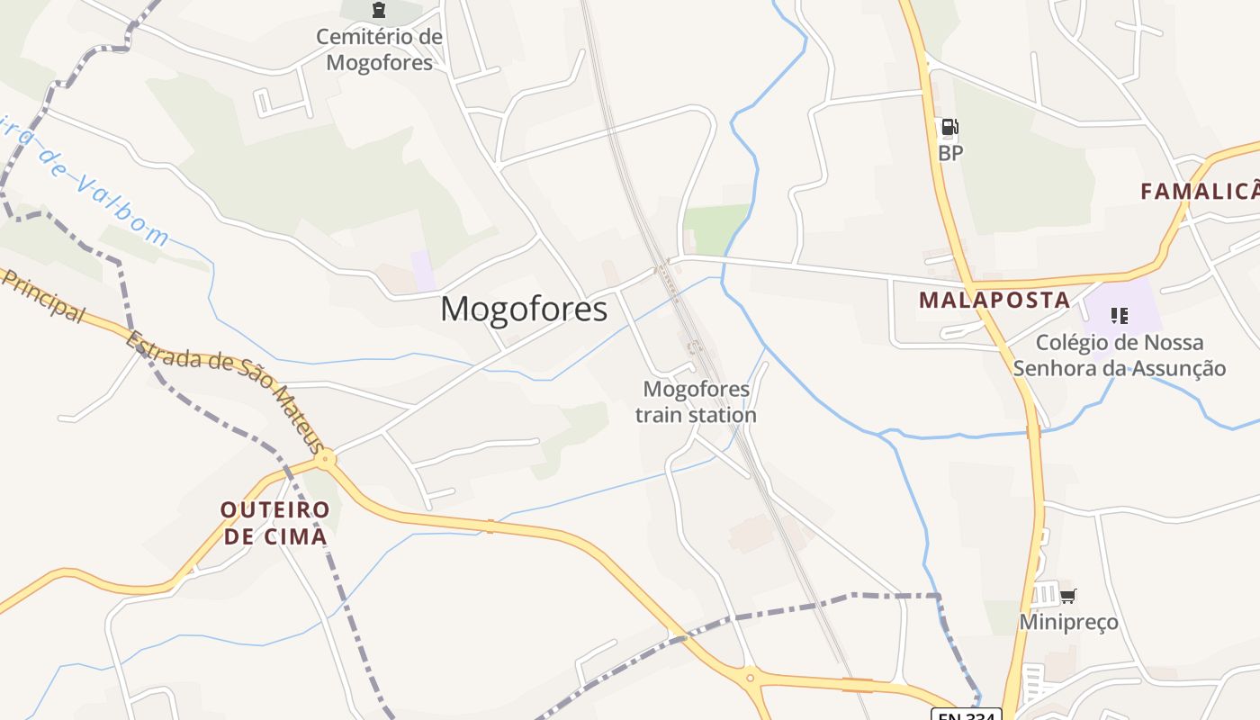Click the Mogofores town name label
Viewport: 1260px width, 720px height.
point(524,310)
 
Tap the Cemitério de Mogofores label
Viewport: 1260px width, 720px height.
point(379,49)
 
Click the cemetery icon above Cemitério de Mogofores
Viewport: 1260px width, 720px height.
point(379,10)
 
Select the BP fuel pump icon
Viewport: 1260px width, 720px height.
point(950,128)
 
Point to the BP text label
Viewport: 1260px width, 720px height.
point(950,153)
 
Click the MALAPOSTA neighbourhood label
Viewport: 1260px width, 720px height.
point(994,301)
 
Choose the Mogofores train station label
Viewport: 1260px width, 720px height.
point(696,401)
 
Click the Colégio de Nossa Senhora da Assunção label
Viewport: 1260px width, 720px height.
point(1120,355)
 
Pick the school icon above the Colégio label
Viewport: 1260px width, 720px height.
point(1120,315)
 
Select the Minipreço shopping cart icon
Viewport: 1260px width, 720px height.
point(1068,596)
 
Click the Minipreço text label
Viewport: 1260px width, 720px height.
point(1068,622)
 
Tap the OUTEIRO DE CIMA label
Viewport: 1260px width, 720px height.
point(275,523)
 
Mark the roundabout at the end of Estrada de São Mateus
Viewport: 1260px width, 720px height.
point(326,459)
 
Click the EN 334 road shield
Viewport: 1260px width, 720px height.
point(966,714)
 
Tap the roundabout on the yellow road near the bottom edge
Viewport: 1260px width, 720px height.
point(750,677)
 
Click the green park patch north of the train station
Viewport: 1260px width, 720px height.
point(715,229)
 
